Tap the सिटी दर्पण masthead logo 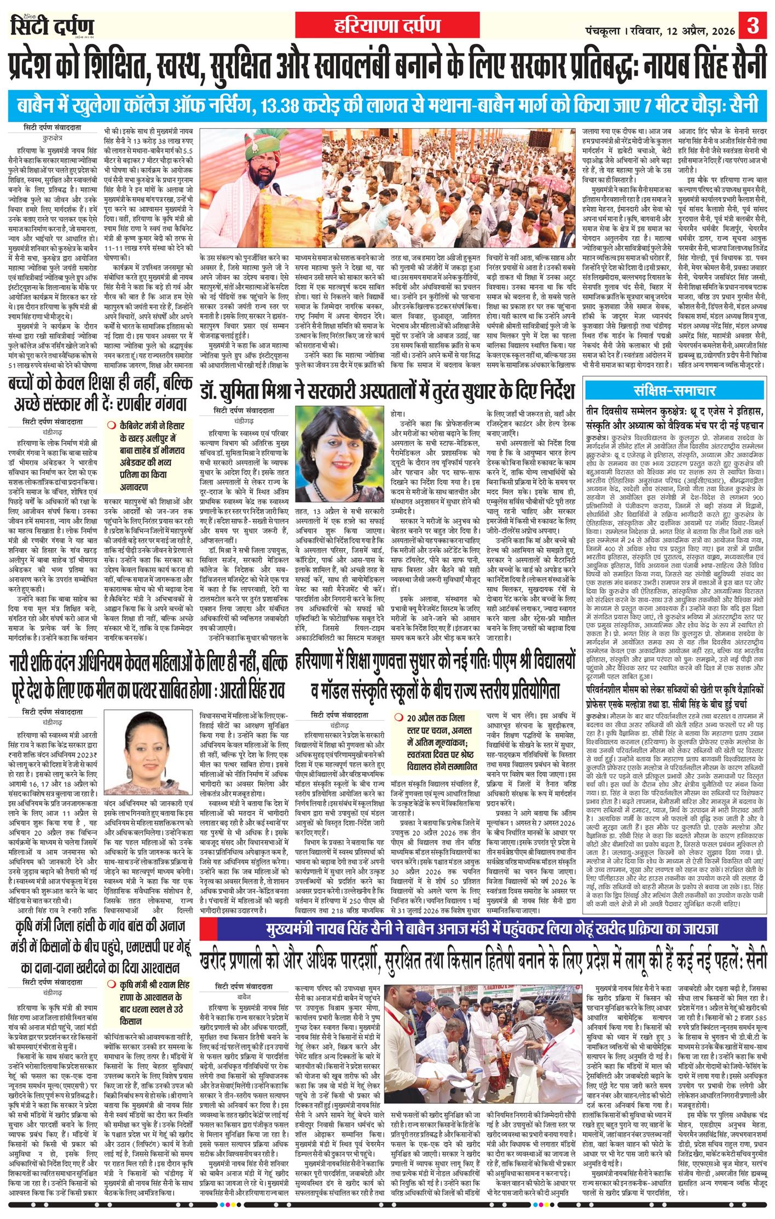click(53, 26)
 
